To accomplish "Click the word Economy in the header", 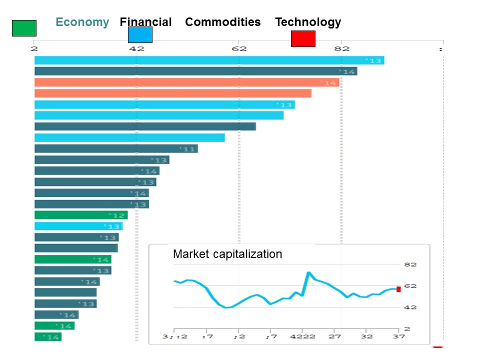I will coord(82,22).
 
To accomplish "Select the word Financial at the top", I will coord(145,22).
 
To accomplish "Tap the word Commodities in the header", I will coord(222,22).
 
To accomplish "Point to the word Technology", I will coord(308,22).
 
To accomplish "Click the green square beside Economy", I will coord(24,28).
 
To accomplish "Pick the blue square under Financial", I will coord(140,35).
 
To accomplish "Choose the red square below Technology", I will coord(303,38).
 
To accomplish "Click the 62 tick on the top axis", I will coord(239,48).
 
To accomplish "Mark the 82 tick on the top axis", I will coord(341,48).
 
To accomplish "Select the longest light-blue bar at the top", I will coord(209,60).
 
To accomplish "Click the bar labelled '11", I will coord(116,148).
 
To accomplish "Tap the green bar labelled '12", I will coord(81,215).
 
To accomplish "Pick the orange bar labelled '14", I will coord(186,82).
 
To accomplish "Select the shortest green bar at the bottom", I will coord(47,337).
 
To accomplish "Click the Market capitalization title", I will coord(227,254).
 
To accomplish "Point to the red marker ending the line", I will coord(398,289).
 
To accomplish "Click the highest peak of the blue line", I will coord(308,273).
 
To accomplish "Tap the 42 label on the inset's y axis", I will coord(410,307).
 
